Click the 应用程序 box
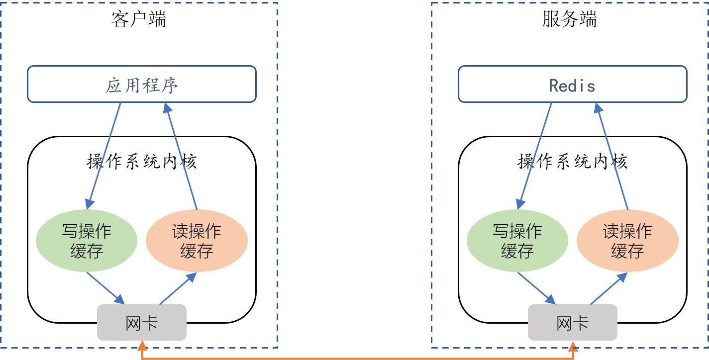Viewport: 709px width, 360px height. (x=141, y=84)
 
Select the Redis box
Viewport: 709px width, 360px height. (x=572, y=84)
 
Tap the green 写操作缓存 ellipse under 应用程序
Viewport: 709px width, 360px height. (x=87, y=241)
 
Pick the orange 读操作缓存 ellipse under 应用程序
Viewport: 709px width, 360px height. (x=197, y=241)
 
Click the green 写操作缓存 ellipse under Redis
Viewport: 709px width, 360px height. (x=517, y=241)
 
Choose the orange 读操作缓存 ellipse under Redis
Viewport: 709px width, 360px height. (x=627, y=241)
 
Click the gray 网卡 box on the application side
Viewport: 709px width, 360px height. (x=141, y=322)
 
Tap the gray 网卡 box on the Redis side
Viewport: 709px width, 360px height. (x=572, y=322)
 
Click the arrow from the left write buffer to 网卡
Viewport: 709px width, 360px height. (x=105, y=287)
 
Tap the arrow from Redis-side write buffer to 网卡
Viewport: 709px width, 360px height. (x=536, y=287)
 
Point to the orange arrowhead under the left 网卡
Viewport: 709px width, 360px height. (x=142, y=345)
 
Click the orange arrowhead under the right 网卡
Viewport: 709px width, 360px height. (x=573, y=345)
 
